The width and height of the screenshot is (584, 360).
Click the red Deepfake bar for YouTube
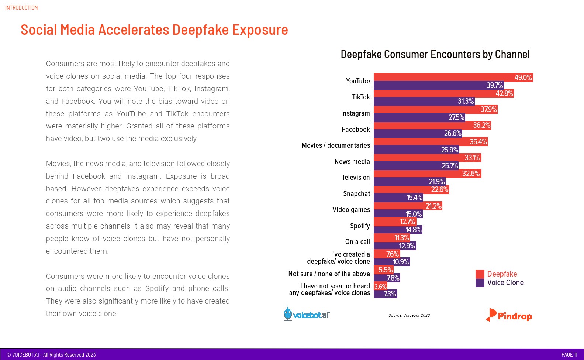(443, 77)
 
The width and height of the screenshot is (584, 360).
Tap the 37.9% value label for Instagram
(488, 109)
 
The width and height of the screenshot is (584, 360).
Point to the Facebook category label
(356, 129)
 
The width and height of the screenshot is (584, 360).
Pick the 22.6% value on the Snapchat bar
(439, 189)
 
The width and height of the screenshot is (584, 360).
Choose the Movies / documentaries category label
(335, 145)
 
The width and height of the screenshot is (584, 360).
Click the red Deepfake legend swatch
(480, 274)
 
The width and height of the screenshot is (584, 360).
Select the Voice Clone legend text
(505, 282)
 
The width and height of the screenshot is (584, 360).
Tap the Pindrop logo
(509, 315)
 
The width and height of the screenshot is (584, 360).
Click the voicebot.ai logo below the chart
(307, 315)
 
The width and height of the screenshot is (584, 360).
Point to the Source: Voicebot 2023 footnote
(409, 315)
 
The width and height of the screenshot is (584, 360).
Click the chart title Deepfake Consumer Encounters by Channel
(435, 54)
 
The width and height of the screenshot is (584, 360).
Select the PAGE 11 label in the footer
(569, 354)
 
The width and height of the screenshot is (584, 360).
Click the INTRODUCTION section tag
(21, 7)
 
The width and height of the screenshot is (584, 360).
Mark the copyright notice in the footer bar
(51, 354)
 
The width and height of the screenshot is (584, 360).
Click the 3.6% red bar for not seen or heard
(380, 286)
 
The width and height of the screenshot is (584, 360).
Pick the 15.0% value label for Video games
(413, 214)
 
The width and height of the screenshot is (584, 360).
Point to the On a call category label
(357, 241)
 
